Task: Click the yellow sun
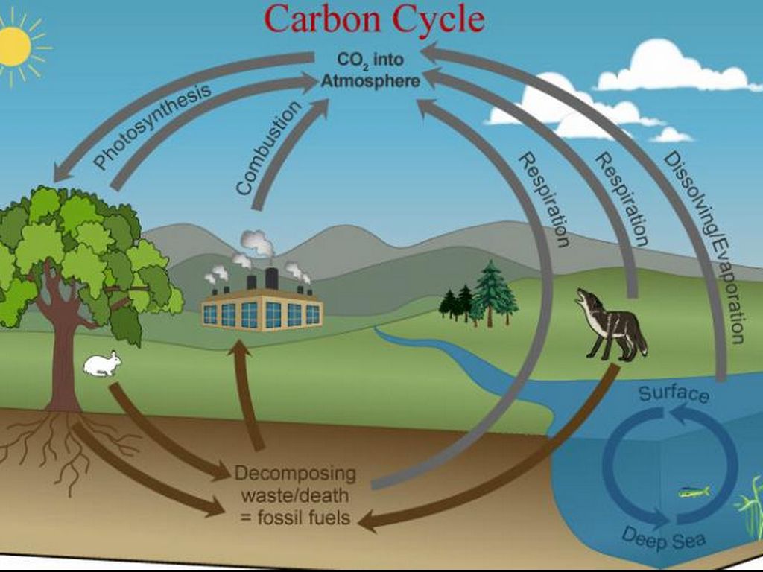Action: (13, 46)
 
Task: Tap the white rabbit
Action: (103, 363)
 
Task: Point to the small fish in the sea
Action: (693, 492)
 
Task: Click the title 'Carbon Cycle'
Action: (375, 20)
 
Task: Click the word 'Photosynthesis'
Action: (153, 127)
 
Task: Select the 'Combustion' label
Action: (270, 147)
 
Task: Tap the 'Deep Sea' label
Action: (662, 535)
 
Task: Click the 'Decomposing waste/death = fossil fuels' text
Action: (295, 495)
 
